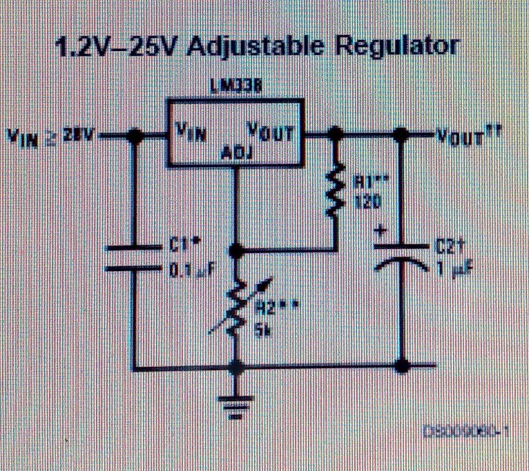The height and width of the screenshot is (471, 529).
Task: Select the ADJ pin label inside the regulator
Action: click(235, 155)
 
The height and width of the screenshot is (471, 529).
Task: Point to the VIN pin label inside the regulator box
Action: click(192, 129)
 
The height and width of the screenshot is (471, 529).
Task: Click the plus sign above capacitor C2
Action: click(382, 233)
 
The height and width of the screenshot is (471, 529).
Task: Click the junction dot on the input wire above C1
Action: click(136, 135)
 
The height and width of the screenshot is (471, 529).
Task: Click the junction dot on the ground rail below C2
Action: click(401, 365)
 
